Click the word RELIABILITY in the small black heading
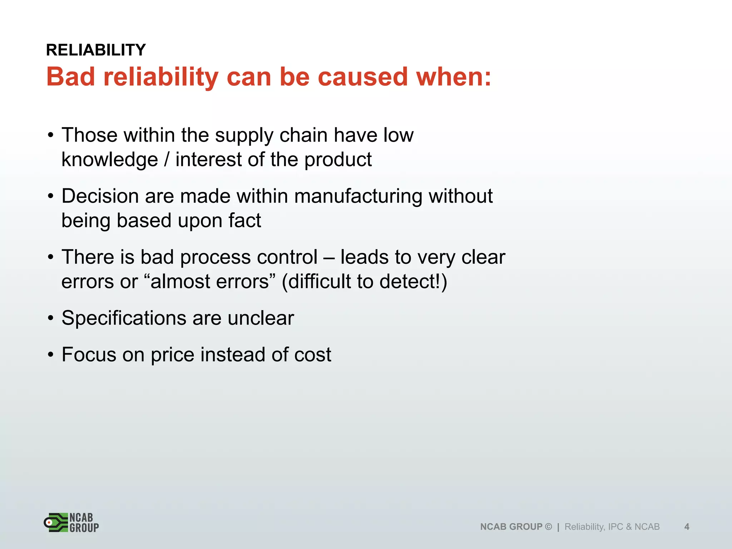tap(96, 50)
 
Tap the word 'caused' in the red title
tap(362, 77)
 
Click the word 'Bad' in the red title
tap(71, 77)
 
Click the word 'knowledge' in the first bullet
tap(110, 160)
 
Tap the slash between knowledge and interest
tap(167, 160)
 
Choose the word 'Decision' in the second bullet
tap(100, 196)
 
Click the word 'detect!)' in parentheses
tap(413, 282)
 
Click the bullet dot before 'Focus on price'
tap(51, 355)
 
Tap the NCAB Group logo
tap(71, 523)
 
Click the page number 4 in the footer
tap(687, 526)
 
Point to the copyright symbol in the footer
tap(549, 526)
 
